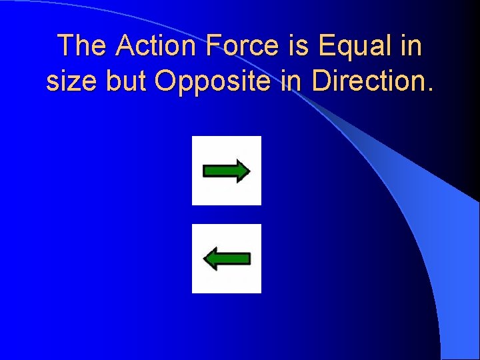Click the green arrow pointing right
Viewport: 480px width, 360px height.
click(x=226, y=171)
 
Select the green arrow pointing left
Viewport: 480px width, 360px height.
click(x=227, y=259)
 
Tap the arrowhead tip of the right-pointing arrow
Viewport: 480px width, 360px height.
click(x=249, y=171)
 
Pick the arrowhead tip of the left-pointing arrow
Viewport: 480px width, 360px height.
click(x=203, y=259)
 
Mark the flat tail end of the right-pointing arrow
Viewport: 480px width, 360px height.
click(x=205, y=171)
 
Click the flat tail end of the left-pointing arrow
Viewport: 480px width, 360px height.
click(x=249, y=259)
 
